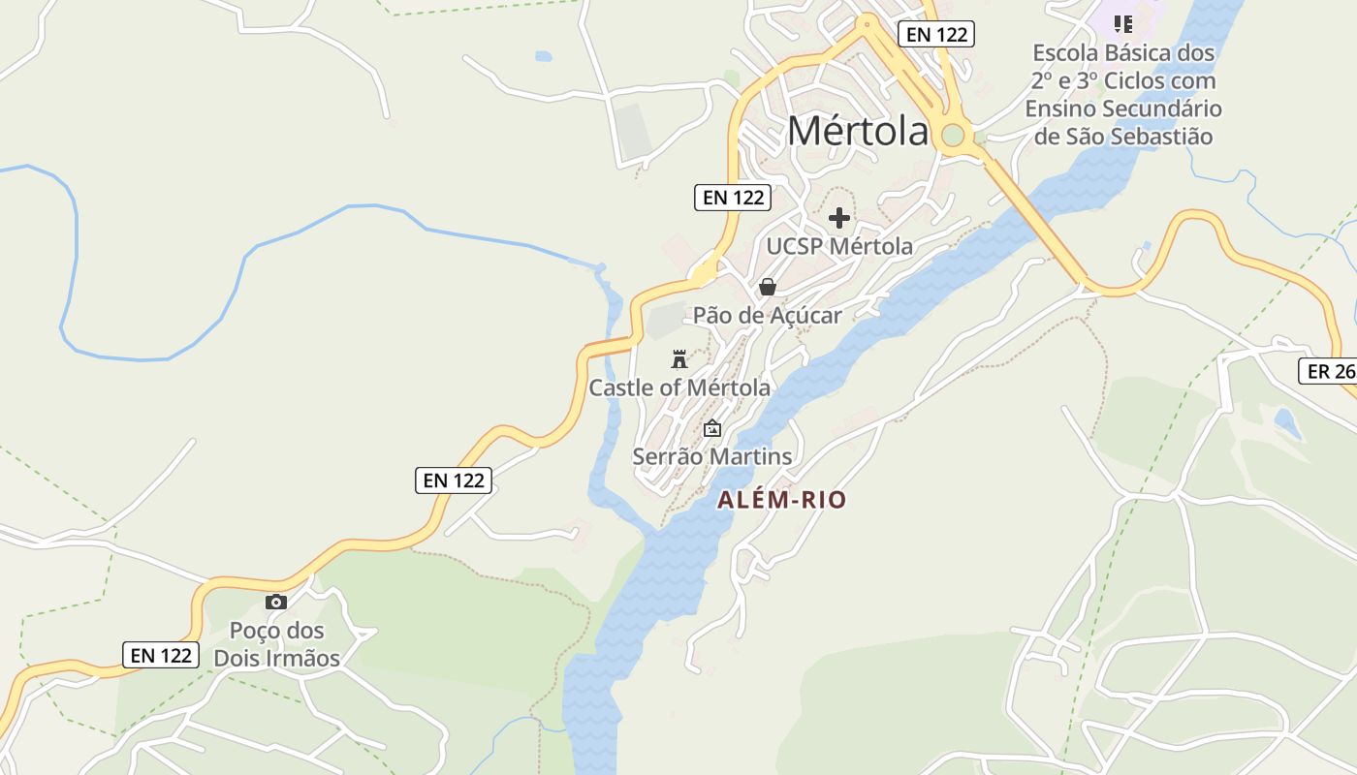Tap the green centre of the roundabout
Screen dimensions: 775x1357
[x=953, y=135]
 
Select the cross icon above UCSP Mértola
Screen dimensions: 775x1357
[x=839, y=218]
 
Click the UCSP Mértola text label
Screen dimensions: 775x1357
[x=839, y=246]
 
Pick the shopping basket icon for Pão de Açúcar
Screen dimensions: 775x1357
[x=768, y=287]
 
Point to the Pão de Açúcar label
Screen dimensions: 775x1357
[x=767, y=315]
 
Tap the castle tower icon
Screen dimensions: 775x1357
[x=679, y=359]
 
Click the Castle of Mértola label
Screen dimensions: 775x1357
[x=679, y=387]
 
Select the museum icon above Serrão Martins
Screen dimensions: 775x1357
[x=712, y=428]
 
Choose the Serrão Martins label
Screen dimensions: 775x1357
[x=712, y=455]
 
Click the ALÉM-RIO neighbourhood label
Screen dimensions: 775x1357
[x=782, y=500]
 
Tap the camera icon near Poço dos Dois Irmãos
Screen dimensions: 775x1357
[x=276, y=602]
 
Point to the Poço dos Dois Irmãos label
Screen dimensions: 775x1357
[x=277, y=644]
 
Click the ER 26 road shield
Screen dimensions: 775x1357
[x=1329, y=371]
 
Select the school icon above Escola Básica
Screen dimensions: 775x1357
[x=1122, y=23]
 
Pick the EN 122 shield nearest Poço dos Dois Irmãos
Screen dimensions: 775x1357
[x=161, y=655]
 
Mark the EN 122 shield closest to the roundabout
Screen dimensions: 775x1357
[x=935, y=35]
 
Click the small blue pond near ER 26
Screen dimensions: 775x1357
[x=1287, y=422]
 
